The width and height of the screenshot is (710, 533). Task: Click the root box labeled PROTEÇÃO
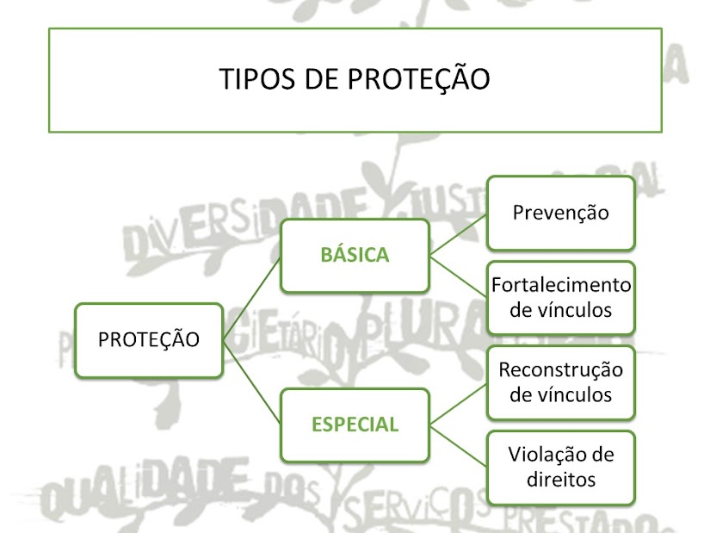click(x=149, y=339)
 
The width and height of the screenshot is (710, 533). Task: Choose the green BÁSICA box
click(x=355, y=255)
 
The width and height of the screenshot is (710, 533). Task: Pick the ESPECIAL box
click(x=355, y=424)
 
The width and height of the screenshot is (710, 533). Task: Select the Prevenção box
click(x=560, y=212)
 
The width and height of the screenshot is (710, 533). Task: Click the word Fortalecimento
click(x=561, y=285)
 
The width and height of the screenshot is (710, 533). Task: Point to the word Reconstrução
click(x=561, y=370)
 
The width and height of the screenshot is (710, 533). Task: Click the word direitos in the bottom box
click(x=560, y=479)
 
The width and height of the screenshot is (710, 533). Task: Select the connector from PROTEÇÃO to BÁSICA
click(x=252, y=296)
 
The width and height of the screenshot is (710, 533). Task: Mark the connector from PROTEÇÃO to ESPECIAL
click(x=252, y=381)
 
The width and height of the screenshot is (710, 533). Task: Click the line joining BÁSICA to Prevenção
click(x=459, y=233)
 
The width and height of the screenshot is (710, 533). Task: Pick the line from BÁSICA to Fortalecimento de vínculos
click(x=459, y=276)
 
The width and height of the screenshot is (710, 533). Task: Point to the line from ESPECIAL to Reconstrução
click(x=459, y=403)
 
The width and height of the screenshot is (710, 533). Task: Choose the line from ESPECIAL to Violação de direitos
click(x=459, y=445)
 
